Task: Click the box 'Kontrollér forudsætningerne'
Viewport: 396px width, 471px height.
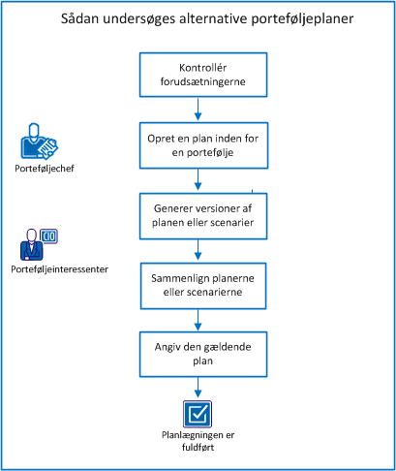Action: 198,77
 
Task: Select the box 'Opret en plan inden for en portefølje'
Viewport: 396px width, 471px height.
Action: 198,145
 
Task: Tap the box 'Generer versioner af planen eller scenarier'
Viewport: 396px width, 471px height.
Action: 198,215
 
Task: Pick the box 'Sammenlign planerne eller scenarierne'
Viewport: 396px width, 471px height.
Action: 198,284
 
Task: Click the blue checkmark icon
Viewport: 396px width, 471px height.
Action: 198,412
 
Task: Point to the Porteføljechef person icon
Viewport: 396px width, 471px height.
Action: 38,143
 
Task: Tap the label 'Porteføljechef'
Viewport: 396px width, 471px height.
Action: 40,170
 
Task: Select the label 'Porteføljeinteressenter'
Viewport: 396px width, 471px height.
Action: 56,268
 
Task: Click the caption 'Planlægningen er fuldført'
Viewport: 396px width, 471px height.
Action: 198,441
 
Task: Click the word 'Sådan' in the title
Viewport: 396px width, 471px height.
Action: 85,19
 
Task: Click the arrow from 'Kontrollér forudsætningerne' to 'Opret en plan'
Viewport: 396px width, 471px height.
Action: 198,110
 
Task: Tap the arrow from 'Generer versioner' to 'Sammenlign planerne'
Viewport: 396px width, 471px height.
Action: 198,249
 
